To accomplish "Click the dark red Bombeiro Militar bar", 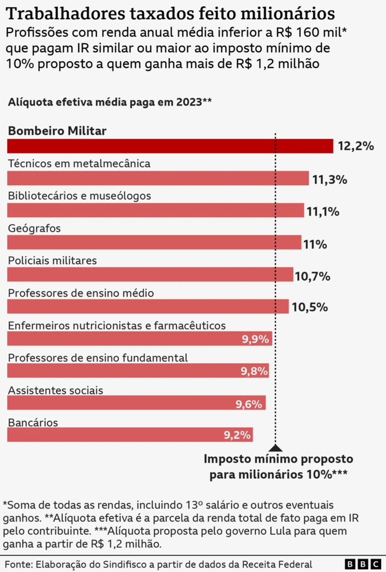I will point(170,146).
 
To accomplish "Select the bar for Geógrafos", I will point(154,242).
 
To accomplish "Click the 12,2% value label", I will point(356,146).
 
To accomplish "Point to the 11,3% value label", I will point(330,180).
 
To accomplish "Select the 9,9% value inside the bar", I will point(255,339).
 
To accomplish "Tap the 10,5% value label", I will point(310,307).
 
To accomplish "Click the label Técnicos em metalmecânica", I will point(79,164).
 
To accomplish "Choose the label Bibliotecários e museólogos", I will point(79,196).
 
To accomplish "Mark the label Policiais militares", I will point(52,260).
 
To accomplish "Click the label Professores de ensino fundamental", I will point(98,358).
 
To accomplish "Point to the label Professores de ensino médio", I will point(81,293).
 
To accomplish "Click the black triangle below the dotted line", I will point(276,448).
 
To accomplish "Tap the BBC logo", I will point(363,564).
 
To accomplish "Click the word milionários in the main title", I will point(288,14).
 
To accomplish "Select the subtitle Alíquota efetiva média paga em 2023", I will point(109,102).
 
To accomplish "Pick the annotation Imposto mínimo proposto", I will point(279,459).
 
